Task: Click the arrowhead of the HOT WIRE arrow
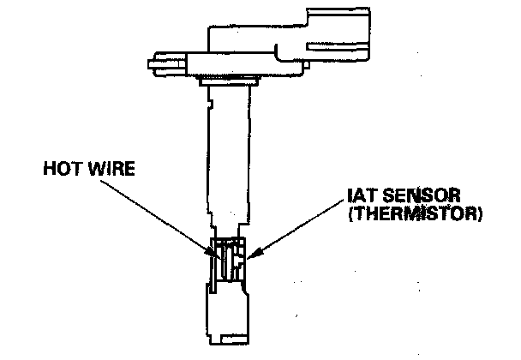point(213,254)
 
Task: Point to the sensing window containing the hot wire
point(228,261)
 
